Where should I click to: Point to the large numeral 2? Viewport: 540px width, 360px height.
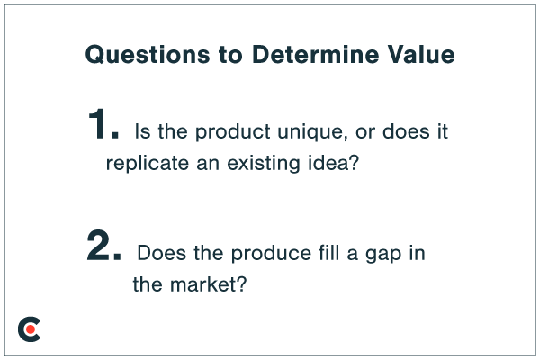click(x=103, y=247)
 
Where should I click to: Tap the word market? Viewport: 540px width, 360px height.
click(x=204, y=285)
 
